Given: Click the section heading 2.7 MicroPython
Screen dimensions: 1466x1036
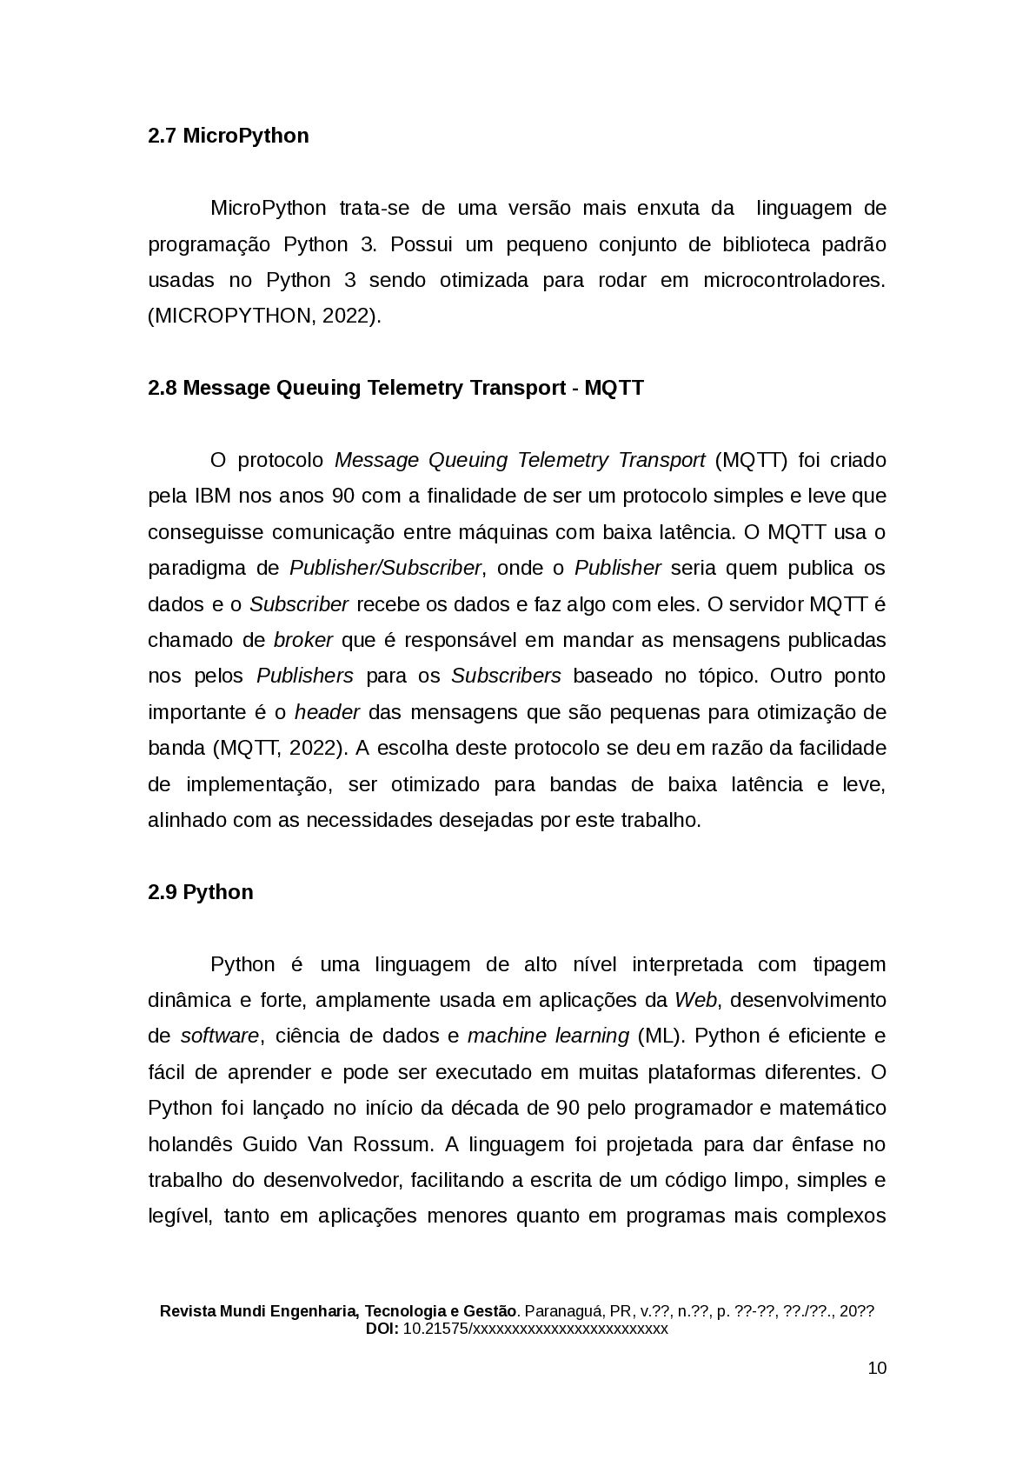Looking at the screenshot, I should pyautogui.click(x=228, y=136).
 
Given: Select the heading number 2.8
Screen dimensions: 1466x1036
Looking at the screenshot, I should pyautogui.click(x=163, y=388).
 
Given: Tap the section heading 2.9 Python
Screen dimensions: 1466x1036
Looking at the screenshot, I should pyautogui.click(x=200, y=892).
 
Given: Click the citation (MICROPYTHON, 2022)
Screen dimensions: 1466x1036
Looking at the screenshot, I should pyautogui.click(x=264, y=317).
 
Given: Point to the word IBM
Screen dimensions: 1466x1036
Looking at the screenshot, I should pyautogui.click(x=212, y=496).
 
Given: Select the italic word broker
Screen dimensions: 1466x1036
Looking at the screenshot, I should pyautogui.click(x=302, y=640).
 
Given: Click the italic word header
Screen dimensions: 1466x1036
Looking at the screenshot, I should pyautogui.click(x=327, y=712).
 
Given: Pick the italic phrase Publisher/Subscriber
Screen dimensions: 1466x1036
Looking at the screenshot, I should pyautogui.click(x=385, y=569).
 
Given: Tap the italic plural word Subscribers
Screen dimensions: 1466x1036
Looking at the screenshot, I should pyautogui.click(x=506, y=676).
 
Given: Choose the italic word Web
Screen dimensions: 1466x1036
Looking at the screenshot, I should pyautogui.click(x=695, y=1000).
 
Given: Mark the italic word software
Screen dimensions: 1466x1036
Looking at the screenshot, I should pyautogui.click(x=220, y=1036).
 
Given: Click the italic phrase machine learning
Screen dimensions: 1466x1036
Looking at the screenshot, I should pyautogui.click(x=548, y=1036).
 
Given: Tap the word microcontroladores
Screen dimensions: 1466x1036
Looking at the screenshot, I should pyautogui.click(x=794, y=281).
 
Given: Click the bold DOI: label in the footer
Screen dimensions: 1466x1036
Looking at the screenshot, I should pyautogui.click(x=382, y=1329).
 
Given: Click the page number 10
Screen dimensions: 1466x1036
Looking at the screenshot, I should pyautogui.click(x=877, y=1368).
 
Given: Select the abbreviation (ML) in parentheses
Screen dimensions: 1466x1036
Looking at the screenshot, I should pyautogui.click(x=660, y=1036).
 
